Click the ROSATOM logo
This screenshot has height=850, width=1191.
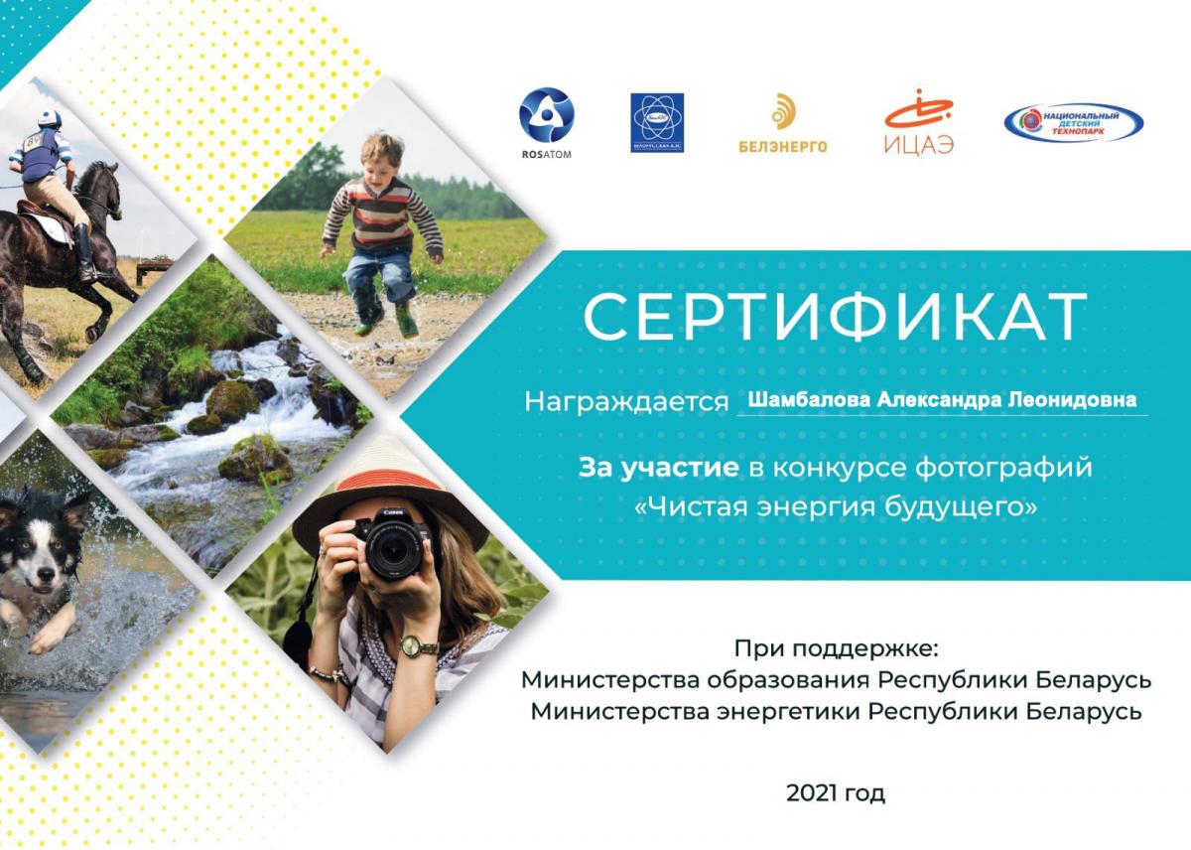pos(547,123)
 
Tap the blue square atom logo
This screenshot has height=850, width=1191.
pos(657,123)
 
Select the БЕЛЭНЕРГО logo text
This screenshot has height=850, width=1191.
pos(783,146)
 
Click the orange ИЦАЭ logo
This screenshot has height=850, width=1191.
pos(919,122)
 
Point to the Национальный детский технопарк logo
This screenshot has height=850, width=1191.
pos(1074,123)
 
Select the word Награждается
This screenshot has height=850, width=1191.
pos(626,401)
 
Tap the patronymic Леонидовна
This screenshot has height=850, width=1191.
pos(1073,399)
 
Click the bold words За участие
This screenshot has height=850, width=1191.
pos(658,468)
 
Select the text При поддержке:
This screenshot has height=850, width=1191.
pos(837,649)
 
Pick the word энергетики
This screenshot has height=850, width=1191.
pos(788,711)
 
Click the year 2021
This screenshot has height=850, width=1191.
pos(809,793)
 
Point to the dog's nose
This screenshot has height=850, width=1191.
pos(46,575)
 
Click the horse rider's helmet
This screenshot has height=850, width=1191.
pos(50,118)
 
